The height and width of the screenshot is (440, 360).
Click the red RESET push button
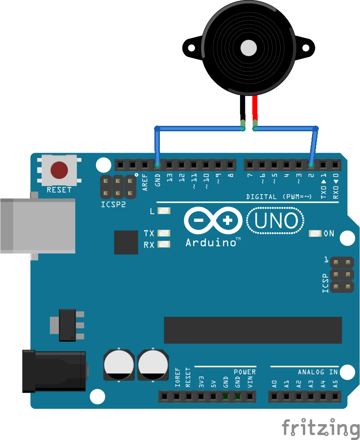[59, 170]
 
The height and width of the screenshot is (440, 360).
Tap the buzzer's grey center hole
[249, 47]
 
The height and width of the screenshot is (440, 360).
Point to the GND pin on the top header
[157, 164]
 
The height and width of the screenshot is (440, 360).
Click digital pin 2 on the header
[311, 164]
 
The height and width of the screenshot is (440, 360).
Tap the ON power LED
[315, 234]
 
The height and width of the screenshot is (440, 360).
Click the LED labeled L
[163, 211]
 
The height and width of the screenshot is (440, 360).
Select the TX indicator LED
[163, 233]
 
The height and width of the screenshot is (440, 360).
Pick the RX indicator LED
[163, 244]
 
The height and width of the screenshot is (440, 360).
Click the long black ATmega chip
[253, 330]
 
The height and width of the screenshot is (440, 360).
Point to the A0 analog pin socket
[274, 397]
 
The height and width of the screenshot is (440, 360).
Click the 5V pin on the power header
[213, 397]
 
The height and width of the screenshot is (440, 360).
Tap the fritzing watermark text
[320, 428]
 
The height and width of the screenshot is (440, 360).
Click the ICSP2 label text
[113, 204]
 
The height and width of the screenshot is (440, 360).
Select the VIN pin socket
[250, 397]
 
